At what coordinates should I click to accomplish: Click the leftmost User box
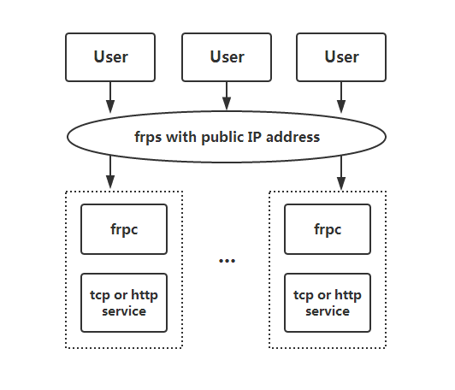coord(110,57)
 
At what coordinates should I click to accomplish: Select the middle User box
coord(227,57)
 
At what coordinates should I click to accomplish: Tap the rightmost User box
coord(341,57)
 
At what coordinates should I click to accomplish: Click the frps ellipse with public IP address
coord(227,136)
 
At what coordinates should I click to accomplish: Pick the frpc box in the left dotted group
coord(125,229)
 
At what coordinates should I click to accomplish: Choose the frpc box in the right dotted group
coord(328,229)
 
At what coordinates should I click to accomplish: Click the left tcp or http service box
coord(125,303)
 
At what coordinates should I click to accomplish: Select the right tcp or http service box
coord(328,303)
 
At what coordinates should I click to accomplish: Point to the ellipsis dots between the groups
coord(227,260)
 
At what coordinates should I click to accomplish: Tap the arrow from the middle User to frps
coord(227,94)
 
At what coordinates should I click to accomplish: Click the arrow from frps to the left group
coord(110,173)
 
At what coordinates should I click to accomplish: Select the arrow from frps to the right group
coord(341,173)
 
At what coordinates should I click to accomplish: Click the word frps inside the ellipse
coord(150,137)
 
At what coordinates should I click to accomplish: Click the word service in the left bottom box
coord(125,311)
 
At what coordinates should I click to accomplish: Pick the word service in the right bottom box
coord(328,311)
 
